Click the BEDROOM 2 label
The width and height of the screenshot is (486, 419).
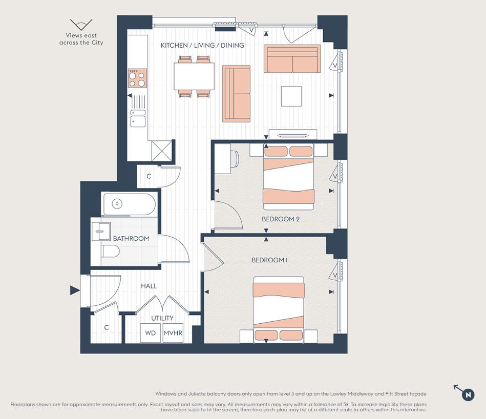click(x=280, y=219)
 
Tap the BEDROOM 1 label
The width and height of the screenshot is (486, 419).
click(x=269, y=260)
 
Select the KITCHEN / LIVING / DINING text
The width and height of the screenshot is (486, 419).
click(x=202, y=46)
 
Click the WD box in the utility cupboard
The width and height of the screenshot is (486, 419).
click(x=150, y=333)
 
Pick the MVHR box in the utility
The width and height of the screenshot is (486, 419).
click(x=173, y=333)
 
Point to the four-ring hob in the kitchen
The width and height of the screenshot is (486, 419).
click(x=137, y=78)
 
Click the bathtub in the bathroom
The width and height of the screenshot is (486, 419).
click(x=129, y=204)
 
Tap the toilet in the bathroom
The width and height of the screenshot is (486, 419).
click(x=110, y=251)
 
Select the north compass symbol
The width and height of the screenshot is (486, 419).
click(x=468, y=394)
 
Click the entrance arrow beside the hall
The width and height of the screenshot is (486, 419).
click(x=75, y=291)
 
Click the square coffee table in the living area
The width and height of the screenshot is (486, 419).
click(x=291, y=96)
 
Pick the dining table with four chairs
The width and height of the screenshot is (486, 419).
click(x=194, y=76)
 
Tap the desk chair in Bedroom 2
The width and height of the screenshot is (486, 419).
click(x=235, y=159)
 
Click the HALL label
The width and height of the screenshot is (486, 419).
click(x=149, y=286)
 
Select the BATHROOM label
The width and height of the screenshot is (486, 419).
click(x=131, y=238)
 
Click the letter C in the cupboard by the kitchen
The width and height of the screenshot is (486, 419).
click(x=149, y=176)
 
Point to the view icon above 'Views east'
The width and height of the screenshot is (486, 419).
click(x=81, y=25)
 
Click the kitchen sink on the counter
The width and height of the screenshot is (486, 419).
click(x=137, y=121)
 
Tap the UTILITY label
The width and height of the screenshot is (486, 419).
click(x=162, y=318)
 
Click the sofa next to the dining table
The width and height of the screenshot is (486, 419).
click(x=236, y=94)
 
